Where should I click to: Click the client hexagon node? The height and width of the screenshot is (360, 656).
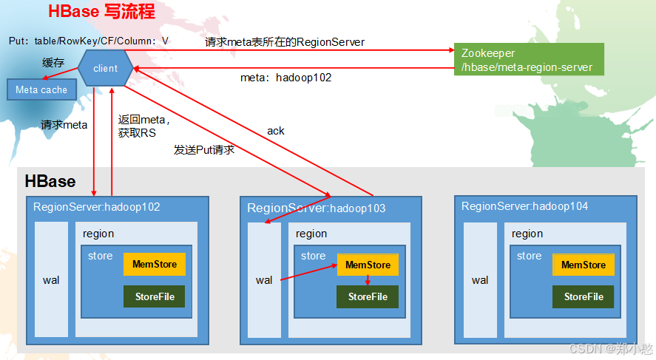click(x=105, y=69)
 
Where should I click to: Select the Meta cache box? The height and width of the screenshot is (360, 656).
click(x=41, y=89)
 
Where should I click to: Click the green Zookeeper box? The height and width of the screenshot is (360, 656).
click(x=529, y=60)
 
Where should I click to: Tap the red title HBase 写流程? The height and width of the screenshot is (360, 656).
click(x=101, y=12)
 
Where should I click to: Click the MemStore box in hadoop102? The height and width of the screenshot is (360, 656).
click(x=155, y=264)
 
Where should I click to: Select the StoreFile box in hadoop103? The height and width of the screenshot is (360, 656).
click(x=368, y=296)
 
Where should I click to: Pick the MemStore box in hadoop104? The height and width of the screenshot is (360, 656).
click(x=584, y=265)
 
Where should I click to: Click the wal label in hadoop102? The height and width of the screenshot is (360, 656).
click(x=51, y=280)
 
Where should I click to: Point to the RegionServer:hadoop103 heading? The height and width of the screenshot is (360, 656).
click(x=317, y=208)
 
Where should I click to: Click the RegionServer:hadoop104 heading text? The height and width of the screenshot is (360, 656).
click(x=525, y=206)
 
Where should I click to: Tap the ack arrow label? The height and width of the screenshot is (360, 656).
click(x=276, y=131)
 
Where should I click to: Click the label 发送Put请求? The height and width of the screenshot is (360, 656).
click(x=204, y=149)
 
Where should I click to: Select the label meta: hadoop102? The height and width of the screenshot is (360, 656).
click(x=285, y=77)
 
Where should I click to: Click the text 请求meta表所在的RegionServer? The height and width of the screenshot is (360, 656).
click(x=285, y=42)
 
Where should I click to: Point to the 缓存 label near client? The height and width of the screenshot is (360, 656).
click(x=53, y=63)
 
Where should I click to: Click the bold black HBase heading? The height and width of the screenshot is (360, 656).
click(x=50, y=181)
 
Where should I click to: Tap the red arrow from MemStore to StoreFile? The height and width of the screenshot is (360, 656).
click(x=368, y=281)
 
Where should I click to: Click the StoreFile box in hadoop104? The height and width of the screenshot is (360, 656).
click(x=584, y=296)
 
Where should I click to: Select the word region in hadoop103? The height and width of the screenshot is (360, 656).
click(x=311, y=234)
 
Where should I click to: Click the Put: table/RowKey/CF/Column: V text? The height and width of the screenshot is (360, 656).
click(x=89, y=41)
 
